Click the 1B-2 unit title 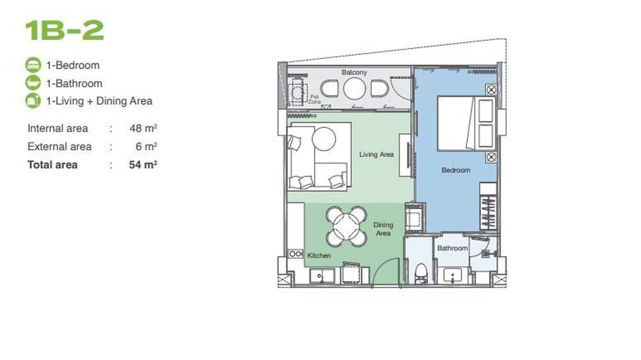pos(64,31)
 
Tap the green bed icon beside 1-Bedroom pos(33,65)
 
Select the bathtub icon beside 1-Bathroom pos(33,83)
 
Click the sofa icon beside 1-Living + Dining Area pos(33,101)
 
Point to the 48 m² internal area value pos(143,128)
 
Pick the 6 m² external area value pos(146,147)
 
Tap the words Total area pos(52,165)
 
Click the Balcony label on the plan pos(354,72)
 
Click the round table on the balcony pos(354,89)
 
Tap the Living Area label pos(376,154)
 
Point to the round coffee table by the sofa pos(324,138)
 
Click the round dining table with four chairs pos(347,226)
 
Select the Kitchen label pos(319,255)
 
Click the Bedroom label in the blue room pos(455,170)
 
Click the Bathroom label pos(452,248)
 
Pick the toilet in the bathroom pos(420,274)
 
